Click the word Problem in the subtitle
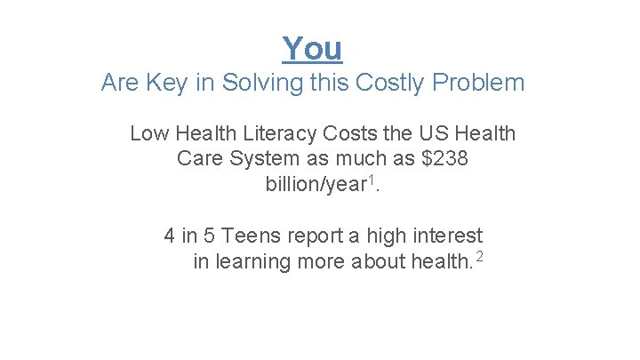479,84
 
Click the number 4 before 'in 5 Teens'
170,236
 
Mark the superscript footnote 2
480,257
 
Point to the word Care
199,159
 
